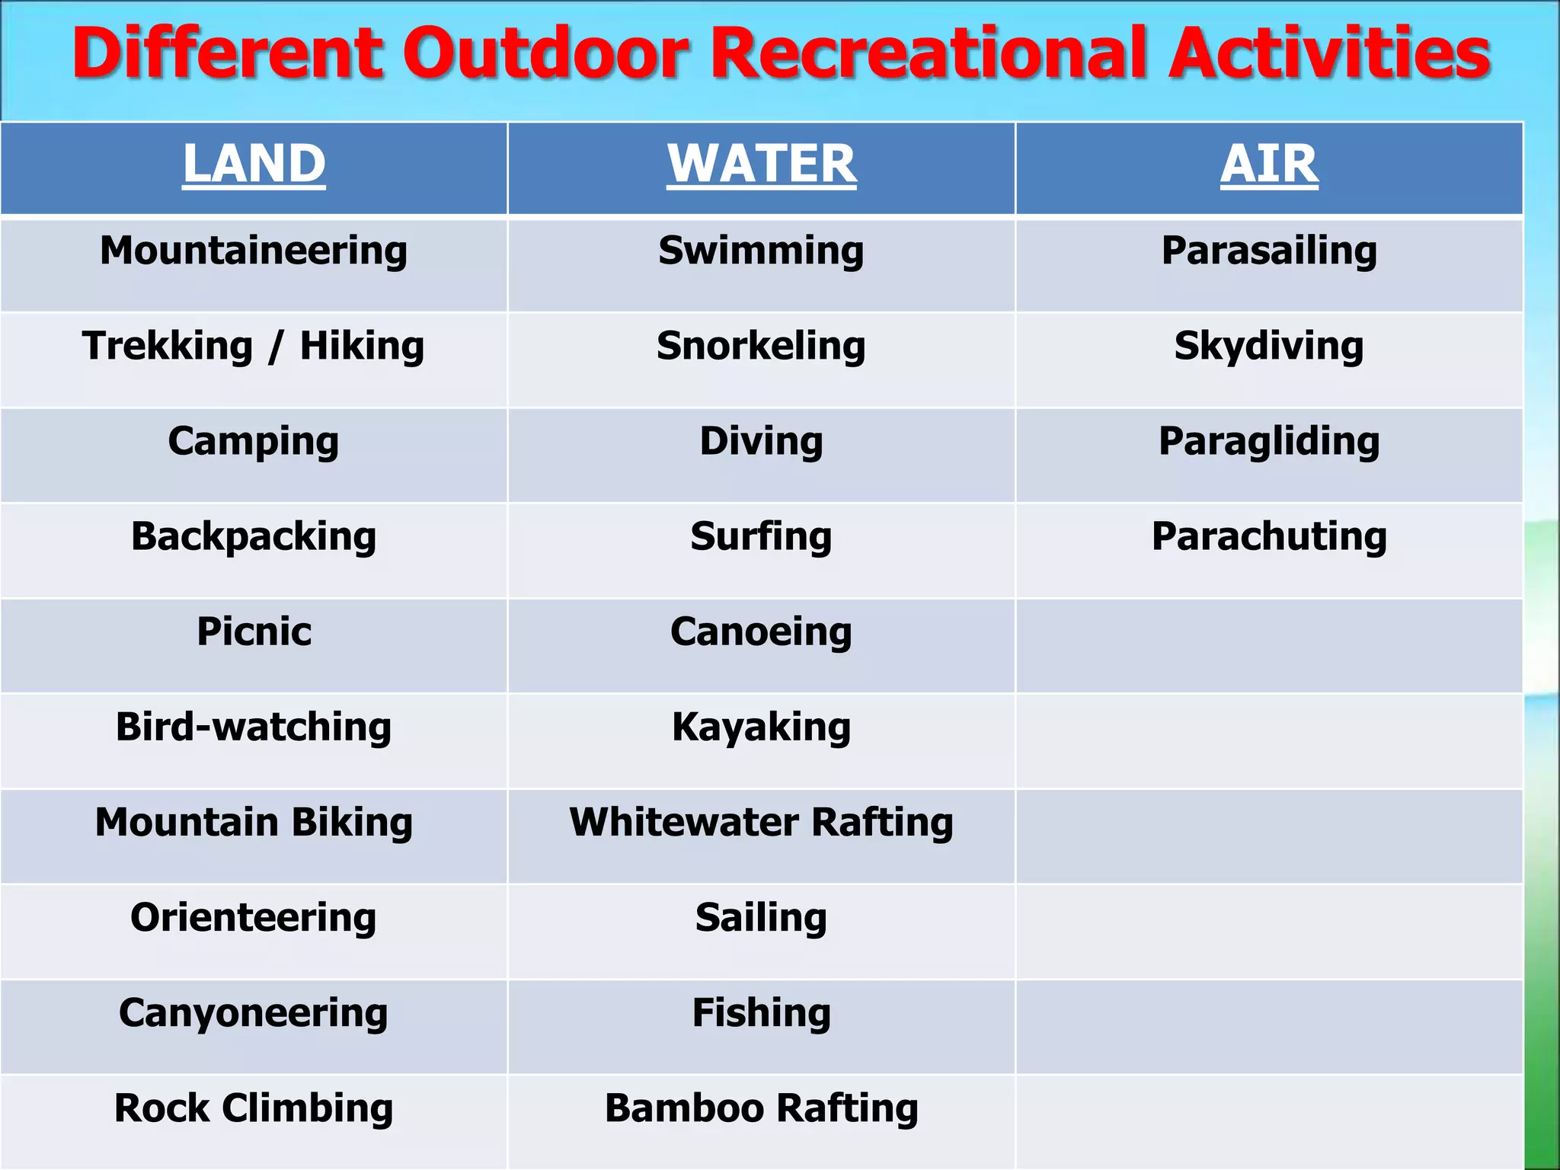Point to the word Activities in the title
click(x=1329, y=53)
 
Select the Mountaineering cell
click(x=254, y=251)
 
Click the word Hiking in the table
click(x=362, y=346)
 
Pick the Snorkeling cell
click(x=761, y=346)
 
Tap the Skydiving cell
click(x=1269, y=346)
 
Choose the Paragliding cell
click(x=1269, y=441)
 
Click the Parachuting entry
click(x=1269, y=536)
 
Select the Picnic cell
click(x=254, y=631)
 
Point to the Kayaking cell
click(x=761, y=727)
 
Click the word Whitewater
click(x=684, y=823)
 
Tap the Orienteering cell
click(x=254, y=918)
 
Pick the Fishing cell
click(x=761, y=1013)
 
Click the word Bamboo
click(x=682, y=1108)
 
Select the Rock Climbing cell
click(x=254, y=1108)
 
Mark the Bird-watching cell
click(x=254, y=727)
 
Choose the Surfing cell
click(x=761, y=536)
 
